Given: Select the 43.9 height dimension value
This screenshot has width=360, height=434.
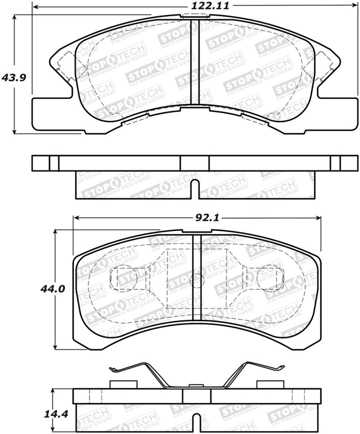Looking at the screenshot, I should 13,78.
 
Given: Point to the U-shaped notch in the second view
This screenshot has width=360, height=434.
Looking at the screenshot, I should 195,189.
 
